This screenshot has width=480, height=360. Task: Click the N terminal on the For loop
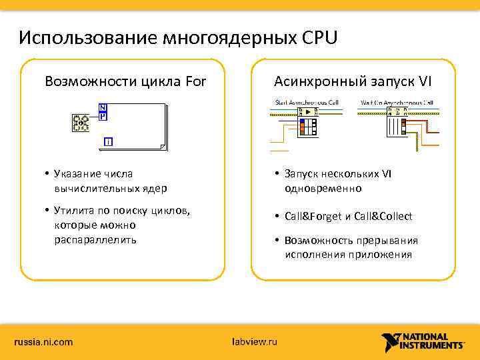(x=103, y=108)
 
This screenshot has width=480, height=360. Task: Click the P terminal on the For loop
(x=103, y=116)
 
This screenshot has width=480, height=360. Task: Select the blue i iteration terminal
(x=108, y=141)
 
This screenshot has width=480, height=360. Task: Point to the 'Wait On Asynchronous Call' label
(x=397, y=102)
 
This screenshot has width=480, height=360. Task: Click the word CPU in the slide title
(x=321, y=37)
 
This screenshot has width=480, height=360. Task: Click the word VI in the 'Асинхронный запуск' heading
(x=425, y=82)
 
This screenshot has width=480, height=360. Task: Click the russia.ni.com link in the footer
(x=44, y=342)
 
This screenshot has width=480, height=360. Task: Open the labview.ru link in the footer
(x=253, y=342)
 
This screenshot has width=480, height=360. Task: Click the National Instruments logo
(x=423, y=341)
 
